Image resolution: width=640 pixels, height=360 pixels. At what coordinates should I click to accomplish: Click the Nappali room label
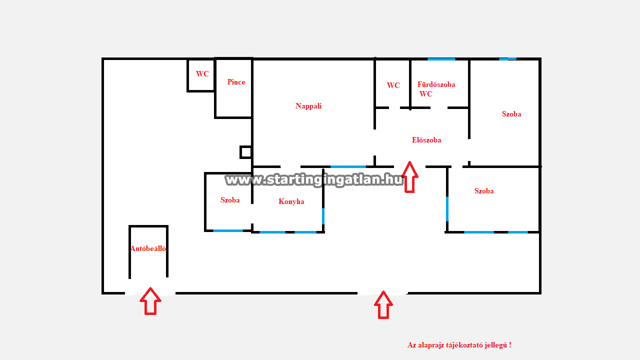308,106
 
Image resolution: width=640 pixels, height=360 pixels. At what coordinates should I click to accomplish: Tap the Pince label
236,82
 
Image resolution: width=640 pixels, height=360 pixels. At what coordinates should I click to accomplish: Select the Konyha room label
291,201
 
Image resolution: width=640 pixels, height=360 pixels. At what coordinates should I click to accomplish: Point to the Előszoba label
426,140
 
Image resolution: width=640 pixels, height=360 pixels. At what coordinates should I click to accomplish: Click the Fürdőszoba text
436,84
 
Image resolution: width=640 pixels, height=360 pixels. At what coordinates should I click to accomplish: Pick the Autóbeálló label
148,248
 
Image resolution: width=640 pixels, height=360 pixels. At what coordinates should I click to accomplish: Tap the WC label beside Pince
202,73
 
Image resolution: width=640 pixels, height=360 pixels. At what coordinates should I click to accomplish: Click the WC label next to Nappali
393,85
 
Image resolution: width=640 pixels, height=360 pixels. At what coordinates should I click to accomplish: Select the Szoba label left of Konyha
230,200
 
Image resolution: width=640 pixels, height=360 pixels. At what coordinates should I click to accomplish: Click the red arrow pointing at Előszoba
409,177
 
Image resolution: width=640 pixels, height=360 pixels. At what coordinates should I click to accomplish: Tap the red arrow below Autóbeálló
150,301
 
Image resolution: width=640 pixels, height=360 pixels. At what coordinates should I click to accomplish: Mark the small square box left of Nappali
245,152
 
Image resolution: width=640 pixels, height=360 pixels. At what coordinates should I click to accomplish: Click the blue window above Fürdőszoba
441,59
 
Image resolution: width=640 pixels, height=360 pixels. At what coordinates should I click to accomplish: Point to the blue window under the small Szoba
228,230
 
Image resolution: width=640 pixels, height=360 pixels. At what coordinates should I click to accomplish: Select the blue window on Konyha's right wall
323,216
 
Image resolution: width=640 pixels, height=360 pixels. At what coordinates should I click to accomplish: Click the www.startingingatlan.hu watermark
314,180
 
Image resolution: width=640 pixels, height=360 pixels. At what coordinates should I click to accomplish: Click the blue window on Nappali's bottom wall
348,166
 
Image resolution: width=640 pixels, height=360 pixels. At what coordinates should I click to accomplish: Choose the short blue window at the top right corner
507,59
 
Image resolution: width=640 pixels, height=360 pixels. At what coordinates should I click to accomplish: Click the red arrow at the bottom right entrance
383,305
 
